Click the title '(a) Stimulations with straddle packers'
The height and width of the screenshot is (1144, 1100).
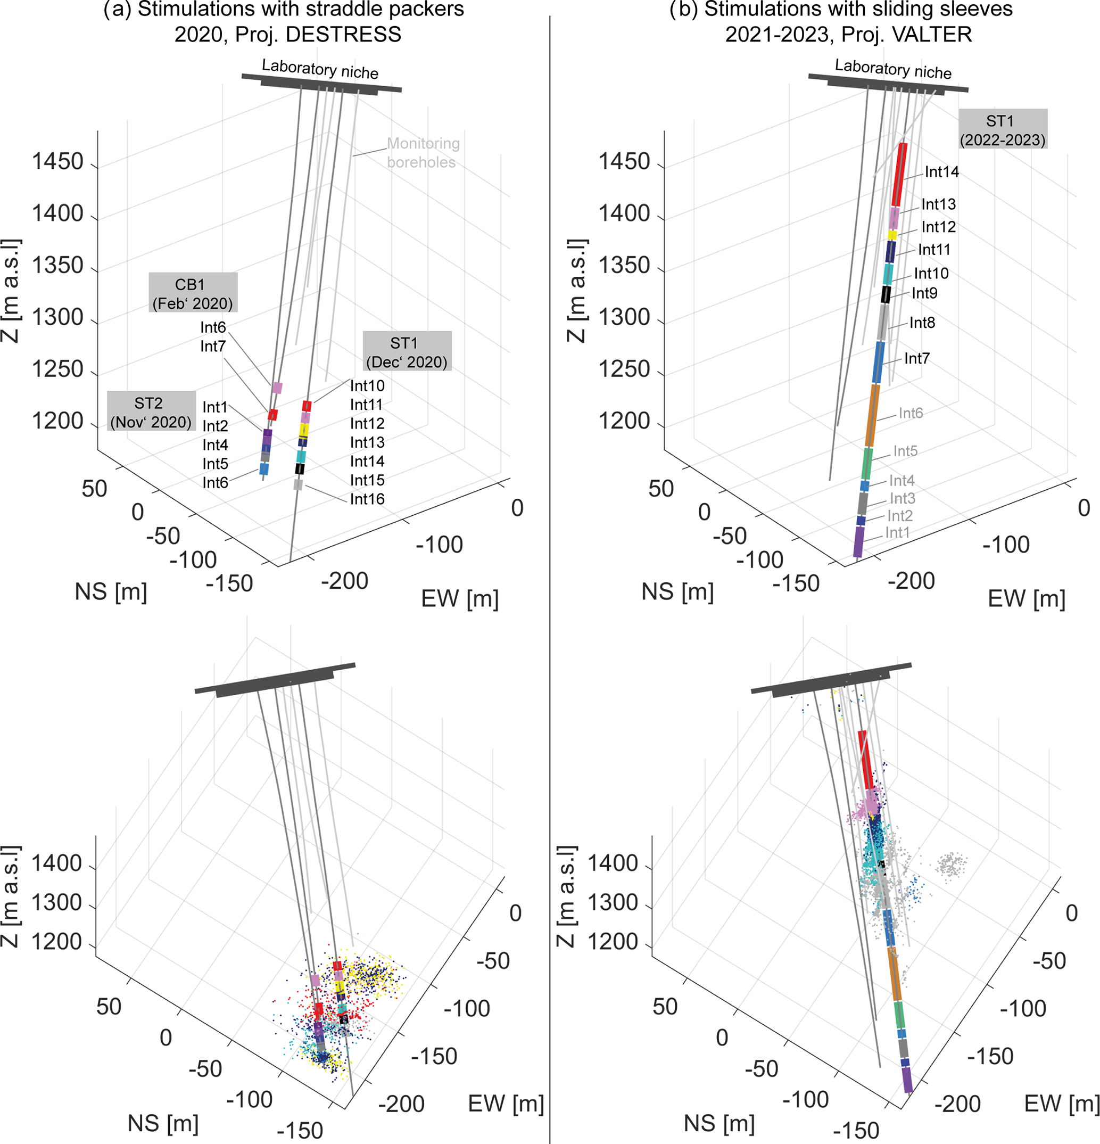[x=284, y=10]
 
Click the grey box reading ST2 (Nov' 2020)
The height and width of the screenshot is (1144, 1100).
[x=151, y=411]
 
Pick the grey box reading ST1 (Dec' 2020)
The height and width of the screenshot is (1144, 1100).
[x=407, y=351]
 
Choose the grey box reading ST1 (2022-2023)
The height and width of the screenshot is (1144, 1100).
[x=1003, y=129]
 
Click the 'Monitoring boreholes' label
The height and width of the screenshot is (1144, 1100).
[x=423, y=152]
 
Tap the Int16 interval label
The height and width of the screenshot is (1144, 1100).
[x=367, y=499]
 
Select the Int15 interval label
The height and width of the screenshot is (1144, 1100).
[x=367, y=480]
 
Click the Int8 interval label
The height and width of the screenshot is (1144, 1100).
[x=922, y=323]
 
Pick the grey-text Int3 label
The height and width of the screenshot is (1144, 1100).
[x=902, y=498]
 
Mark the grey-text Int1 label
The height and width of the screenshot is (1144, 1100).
[x=897, y=532]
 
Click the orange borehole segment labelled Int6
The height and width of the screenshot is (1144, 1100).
[x=872, y=416]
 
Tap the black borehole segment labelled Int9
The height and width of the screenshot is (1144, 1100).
[x=885, y=294]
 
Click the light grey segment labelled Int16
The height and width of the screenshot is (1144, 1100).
[x=297, y=484]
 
